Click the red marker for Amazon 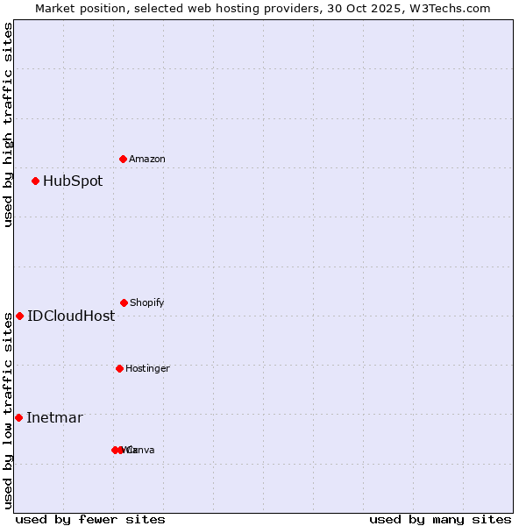click(x=123, y=159)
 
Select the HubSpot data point click(x=35, y=181)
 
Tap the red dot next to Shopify click(x=124, y=302)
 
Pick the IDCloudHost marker click(x=19, y=316)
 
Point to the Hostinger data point click(x=119, y=368)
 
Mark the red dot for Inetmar click(x=18, y=417)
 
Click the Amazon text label click(x=146, y=160)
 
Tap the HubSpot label click(x=73, y=181)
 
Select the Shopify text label click(x=146, y=303)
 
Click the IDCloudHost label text click(x=71, y=316)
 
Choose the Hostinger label click(x=147, y=369)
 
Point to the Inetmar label click(x=54, y=418)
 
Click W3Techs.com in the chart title click(x=453, y=8)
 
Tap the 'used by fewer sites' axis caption click(x=90, y=519)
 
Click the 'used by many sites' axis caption click(x=440, y=519)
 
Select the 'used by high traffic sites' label click(x=8, y=124)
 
